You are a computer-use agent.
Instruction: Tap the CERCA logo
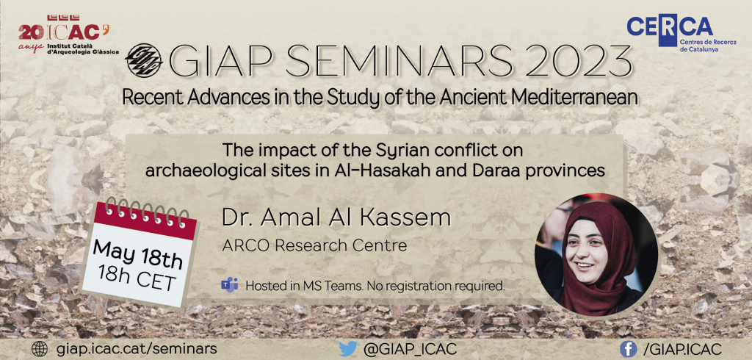681,32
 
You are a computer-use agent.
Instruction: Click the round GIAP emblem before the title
143,60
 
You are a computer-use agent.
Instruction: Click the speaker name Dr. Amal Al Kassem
336,218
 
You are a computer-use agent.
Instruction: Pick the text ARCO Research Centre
314,246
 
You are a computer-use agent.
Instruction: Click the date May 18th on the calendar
137,254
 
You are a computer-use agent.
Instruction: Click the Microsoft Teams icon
230,284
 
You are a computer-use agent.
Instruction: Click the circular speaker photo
596,255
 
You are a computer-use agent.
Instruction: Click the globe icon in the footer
40,349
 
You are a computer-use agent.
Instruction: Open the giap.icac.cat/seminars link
137,349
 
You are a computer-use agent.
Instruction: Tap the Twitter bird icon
347,349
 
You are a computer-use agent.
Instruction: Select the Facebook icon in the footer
629,349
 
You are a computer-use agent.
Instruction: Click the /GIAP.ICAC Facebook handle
682,349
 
